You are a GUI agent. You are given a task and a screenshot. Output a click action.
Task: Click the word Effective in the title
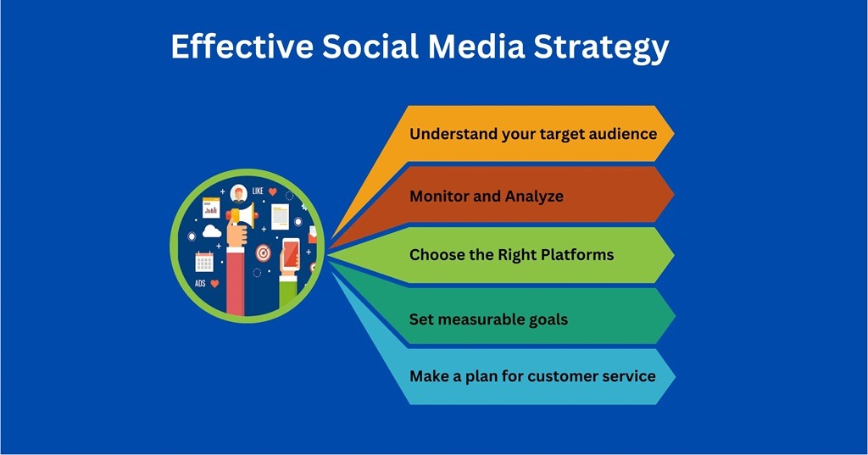pos(240,47)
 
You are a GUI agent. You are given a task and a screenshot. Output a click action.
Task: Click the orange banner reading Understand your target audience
pos(531,134)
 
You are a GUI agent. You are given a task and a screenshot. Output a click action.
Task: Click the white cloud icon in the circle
pos(211,230)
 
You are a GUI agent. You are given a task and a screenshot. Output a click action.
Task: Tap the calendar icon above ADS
pos(204,261)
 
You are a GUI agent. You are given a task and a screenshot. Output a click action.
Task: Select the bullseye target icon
pos(263,252)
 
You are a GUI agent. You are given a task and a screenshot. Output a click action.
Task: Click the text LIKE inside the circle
pos(258,191)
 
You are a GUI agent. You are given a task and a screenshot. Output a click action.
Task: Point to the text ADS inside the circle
pos(200,284)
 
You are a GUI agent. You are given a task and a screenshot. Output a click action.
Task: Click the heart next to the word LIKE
pos(273,191)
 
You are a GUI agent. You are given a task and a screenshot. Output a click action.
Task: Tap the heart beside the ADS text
pos(215,284)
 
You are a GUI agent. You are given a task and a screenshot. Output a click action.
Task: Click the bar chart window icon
pos(210,207)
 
